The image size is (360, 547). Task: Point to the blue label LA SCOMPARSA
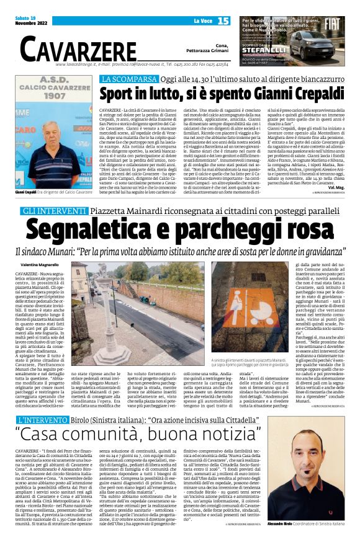pos(129,79)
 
